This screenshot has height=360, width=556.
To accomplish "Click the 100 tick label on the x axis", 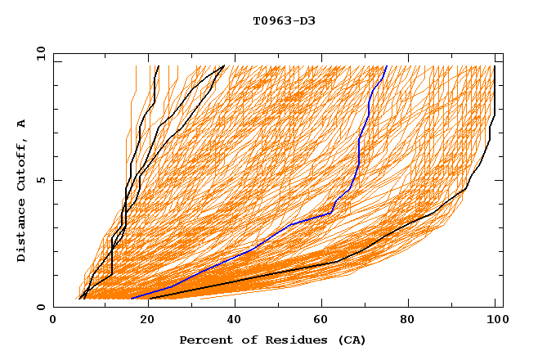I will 495,321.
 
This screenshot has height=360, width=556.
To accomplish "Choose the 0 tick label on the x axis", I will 53,321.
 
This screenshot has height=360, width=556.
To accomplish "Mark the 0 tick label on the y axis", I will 41,307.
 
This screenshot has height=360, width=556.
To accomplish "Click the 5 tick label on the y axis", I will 41,180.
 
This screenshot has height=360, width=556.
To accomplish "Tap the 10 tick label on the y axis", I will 38,53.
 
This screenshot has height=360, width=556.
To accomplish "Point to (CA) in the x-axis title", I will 352,340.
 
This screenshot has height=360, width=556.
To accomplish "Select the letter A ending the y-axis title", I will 21,123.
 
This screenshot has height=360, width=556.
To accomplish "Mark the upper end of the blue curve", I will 386,66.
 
